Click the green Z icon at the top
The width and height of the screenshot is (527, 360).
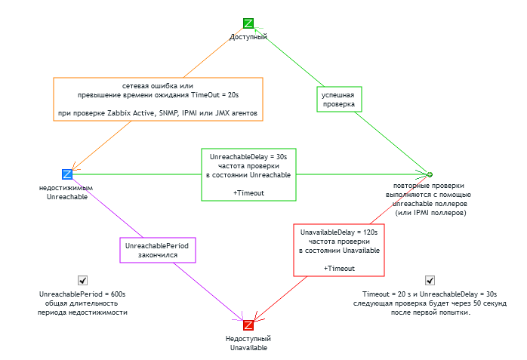point(248,23)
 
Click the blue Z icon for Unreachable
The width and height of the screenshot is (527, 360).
point(67,174)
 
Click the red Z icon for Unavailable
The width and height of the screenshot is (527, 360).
point(248,325)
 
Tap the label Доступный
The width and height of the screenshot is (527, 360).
point(248,36)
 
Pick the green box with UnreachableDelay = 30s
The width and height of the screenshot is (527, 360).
point(248,174)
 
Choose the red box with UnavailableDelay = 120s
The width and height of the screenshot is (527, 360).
point(339,249)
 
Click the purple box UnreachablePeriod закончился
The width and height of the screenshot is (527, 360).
point(158,251)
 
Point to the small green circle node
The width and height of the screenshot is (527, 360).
point(430,174)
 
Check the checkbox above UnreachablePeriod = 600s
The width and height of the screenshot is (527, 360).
point(82,280)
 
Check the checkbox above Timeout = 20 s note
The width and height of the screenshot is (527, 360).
point(430,280)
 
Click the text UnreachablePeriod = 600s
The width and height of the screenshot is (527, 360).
point(82,294)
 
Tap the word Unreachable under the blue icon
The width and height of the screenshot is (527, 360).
point(67,197)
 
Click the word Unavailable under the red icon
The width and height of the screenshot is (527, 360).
point(248,348)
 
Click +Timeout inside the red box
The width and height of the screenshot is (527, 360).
point(339,268)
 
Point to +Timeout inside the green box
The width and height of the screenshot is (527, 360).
point(248,193)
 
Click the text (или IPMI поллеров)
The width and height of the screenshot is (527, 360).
point(430,213)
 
